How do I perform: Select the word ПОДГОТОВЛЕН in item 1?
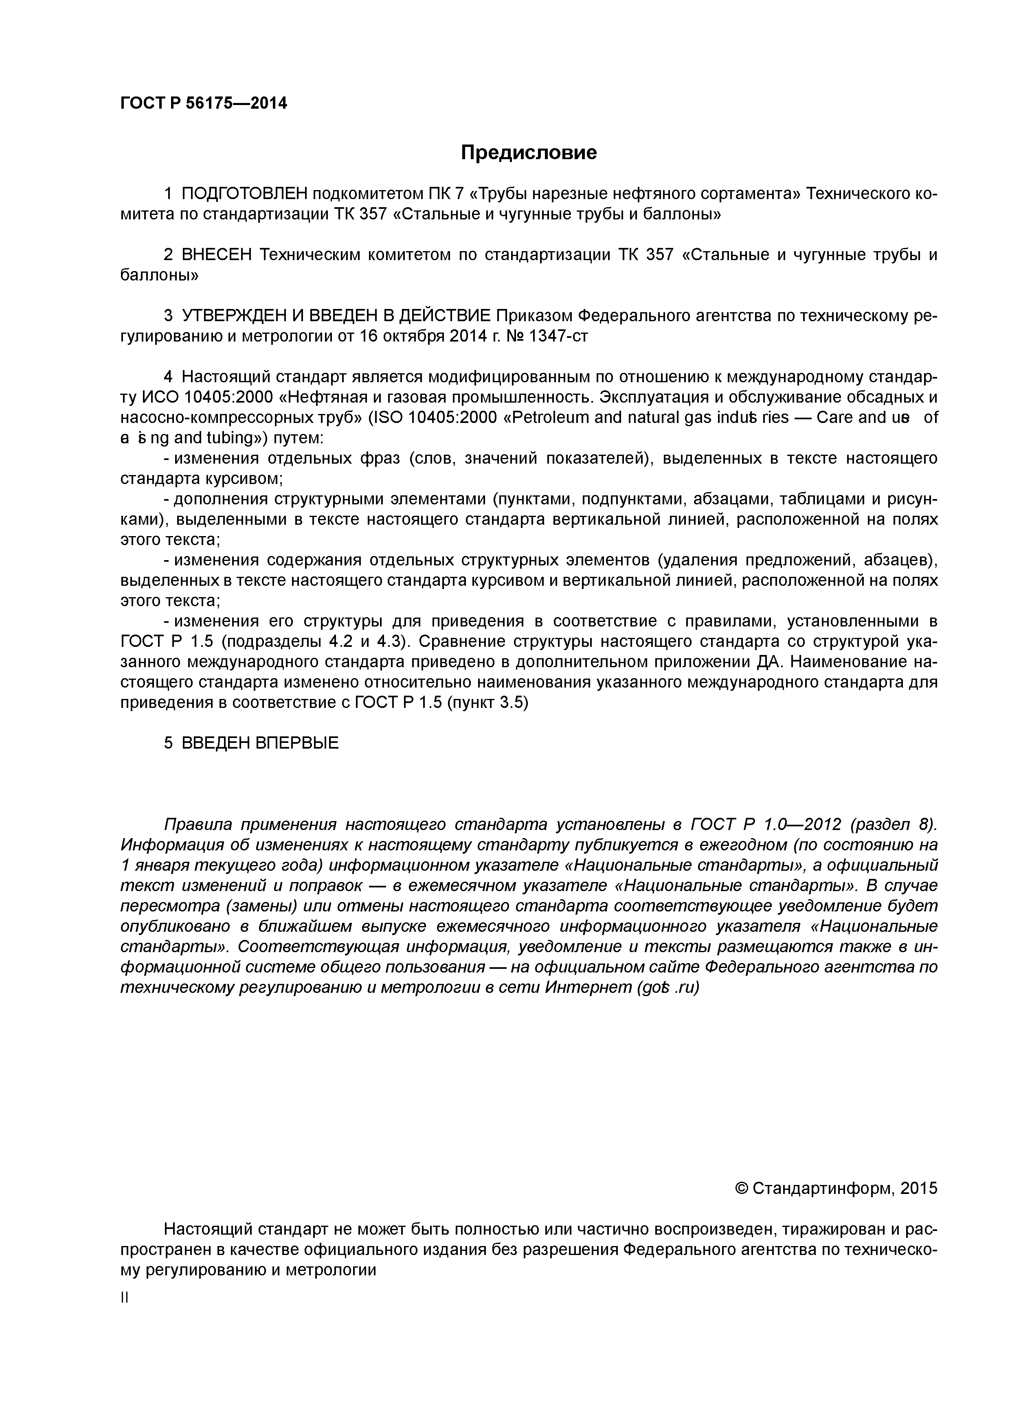[244, 194]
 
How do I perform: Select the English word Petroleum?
[549, 417]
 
